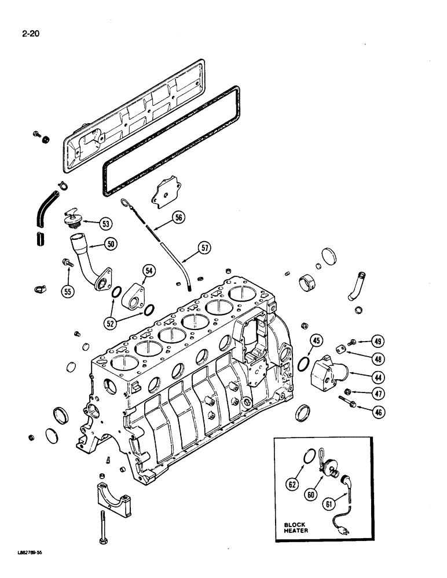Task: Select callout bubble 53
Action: tap(106, 223)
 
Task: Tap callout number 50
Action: tap(110, 244)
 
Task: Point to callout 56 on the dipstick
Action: tap(178, 217)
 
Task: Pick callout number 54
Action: tap(149, 271)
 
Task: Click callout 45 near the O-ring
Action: tap(316, 341)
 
